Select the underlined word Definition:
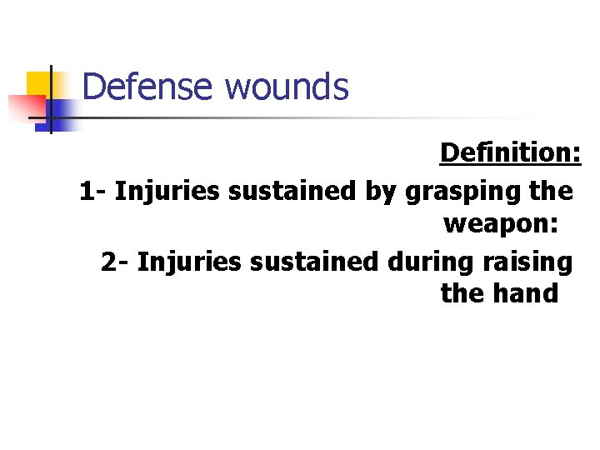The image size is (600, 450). click(x=510, y=153)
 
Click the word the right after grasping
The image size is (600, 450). click(x=551, y=191)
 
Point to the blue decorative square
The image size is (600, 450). click(x=62, y=112)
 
